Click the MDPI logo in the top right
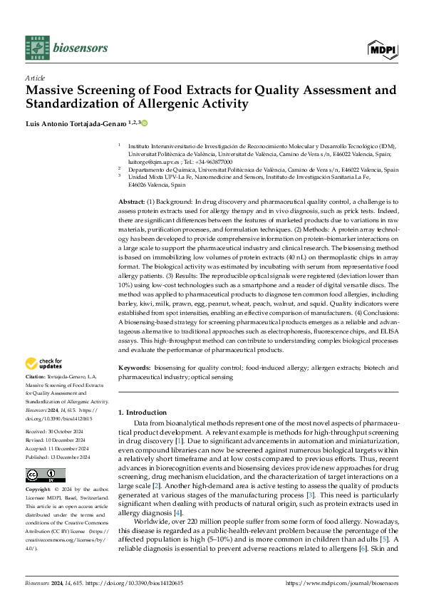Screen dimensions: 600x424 [383, 48]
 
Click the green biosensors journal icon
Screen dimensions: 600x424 [36, 48]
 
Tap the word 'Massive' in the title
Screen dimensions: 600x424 [50, 90]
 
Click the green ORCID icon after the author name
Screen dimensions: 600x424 [145, 123]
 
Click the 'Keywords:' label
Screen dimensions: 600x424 [134, 368]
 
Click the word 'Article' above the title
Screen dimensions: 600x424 [35, 77]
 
